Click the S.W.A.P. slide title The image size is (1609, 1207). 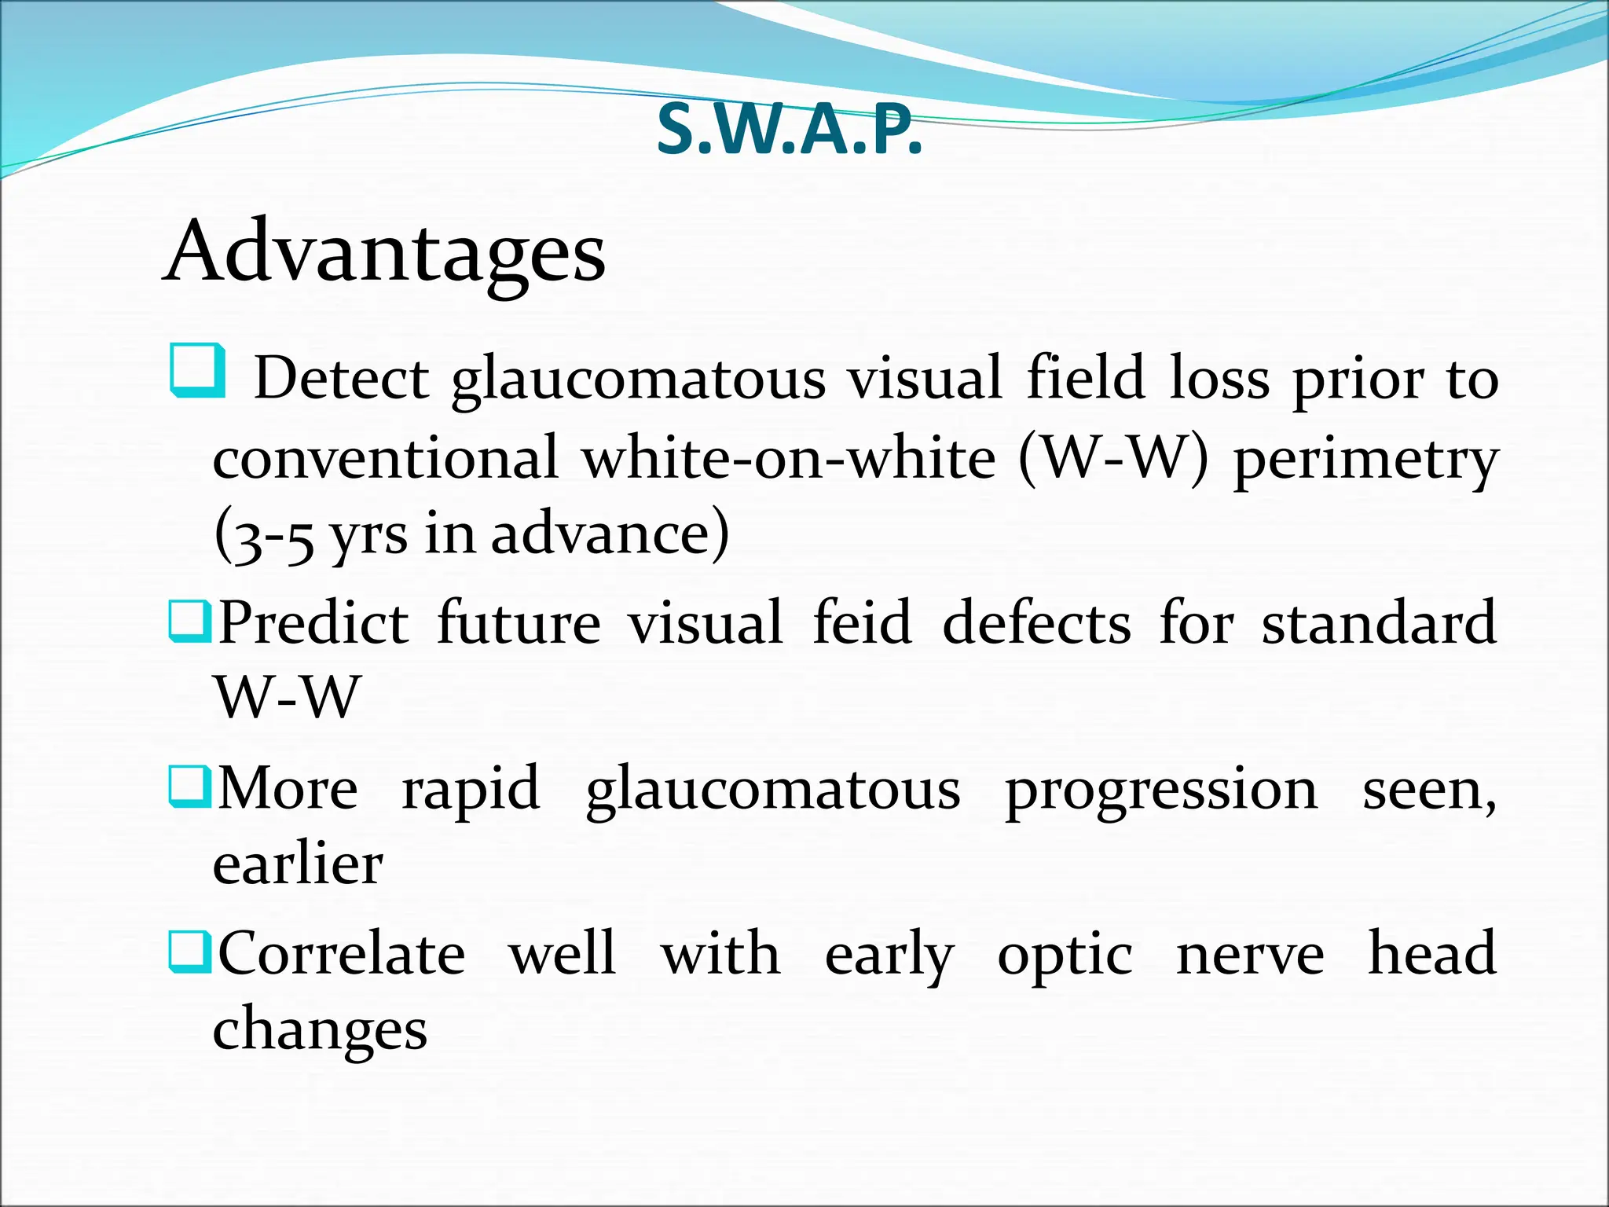[789, 130]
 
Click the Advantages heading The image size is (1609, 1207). [384, 252]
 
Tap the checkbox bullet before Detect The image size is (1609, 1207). [197, 370]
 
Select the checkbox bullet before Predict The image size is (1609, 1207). [189, 621]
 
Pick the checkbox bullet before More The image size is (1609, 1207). [189, 787]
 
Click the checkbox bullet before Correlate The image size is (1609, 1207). [189, 952]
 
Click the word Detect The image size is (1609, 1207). [341, 379]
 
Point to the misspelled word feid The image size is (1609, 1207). [862, 622]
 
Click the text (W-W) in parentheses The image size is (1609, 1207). [1113, 457]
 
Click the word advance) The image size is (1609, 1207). [610, 534]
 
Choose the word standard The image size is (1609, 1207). [1379, 622]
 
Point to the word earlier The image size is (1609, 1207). [298, 864]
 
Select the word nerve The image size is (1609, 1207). [1250, 955]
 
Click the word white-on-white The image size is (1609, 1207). [789, 457]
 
